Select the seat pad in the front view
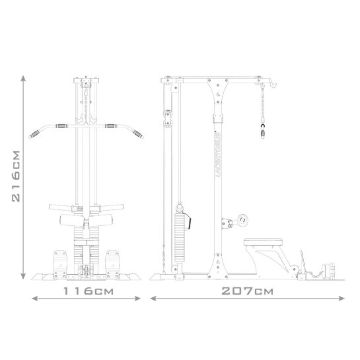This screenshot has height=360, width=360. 86,219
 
